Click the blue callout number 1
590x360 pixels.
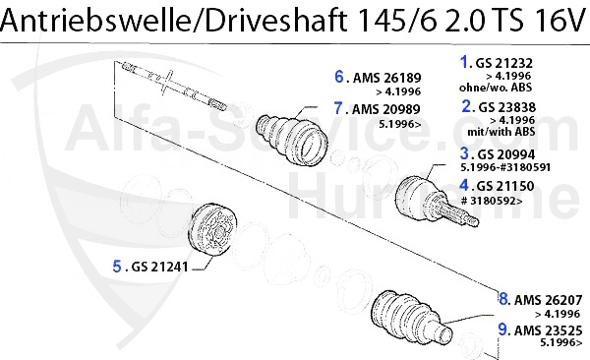[x=466, y=61]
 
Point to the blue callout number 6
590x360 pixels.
[x=338, y=76]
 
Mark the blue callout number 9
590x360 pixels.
[x=502, y=331]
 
